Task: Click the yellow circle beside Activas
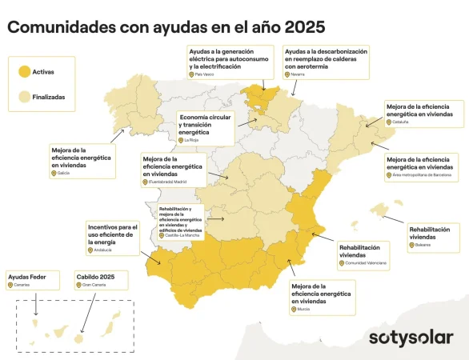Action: click(x=23, y=71)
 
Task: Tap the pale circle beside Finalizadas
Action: click(x=23, y=96)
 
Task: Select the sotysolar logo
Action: click(x=411, y=337)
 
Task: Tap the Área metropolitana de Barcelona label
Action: click(x=418, y=175)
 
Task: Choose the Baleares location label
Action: click(x=420, y=245)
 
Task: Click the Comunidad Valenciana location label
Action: click(x=364, y=262)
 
